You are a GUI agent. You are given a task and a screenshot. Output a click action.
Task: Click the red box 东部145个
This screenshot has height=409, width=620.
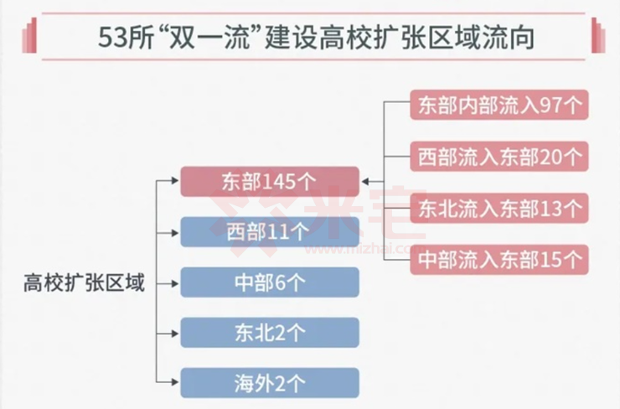[x=270, y=182]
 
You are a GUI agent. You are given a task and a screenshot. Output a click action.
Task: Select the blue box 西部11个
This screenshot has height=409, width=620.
[x=270, y=232]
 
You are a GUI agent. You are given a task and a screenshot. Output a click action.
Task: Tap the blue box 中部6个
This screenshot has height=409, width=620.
[x=270, y=282]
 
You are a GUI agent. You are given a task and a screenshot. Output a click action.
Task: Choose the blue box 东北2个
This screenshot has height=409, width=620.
[x=270, y=333]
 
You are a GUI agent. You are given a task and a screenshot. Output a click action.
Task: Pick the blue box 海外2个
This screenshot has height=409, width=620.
[x=270, y=383]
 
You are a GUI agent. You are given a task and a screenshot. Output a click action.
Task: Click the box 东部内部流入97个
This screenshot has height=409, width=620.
[x=499, y=105]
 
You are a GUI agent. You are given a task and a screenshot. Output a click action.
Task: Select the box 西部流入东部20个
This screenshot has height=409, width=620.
[x=499, y=157]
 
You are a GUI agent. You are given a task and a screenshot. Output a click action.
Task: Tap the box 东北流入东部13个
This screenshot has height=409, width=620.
[x=499, y=208]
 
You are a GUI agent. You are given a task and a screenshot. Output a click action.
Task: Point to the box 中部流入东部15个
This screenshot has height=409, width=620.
[x=499, y=260]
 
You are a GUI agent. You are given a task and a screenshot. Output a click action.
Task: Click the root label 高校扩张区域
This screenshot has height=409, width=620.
[x=84, y=282]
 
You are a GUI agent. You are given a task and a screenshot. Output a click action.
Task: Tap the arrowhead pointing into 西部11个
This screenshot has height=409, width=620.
[x=175, y=232]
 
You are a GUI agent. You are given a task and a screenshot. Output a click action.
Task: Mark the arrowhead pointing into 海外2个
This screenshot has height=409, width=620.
[x=175, y=382]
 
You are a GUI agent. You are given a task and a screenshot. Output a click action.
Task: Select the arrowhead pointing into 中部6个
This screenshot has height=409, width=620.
[x=175, y=283]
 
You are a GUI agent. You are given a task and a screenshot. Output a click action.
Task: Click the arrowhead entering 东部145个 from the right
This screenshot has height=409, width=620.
[x=365, y=182]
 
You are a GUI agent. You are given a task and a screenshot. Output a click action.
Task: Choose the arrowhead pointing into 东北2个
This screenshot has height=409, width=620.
[x=175, y=334]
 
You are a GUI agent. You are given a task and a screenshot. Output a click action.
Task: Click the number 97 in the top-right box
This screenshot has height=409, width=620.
[x=551, y=106]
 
